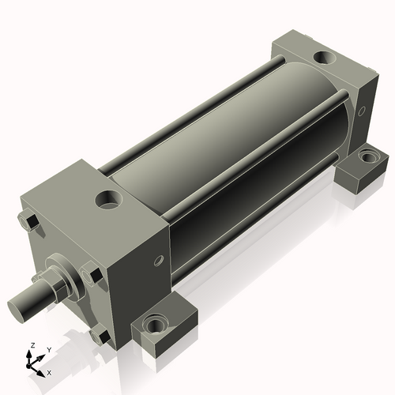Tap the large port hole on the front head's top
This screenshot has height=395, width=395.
click(108, 200)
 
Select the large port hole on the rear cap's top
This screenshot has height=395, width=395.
click(325, 58)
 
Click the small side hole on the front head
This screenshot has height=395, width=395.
click(158, 261)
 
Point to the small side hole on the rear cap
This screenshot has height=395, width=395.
click(362, 111)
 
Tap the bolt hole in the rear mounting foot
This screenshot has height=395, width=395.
click(368, 156)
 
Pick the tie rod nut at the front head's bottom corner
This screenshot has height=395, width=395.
click(100, 335)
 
